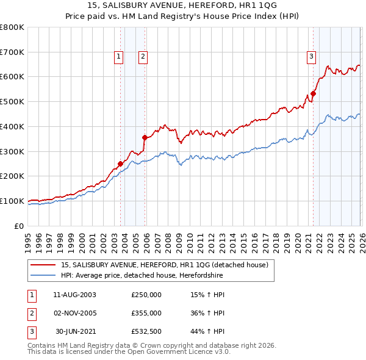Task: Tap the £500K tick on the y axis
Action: pos(12,101)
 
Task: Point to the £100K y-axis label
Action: pos(12,201)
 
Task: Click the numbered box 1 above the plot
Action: pos(118,57)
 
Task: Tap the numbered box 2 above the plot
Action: pos(143,57)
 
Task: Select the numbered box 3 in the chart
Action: pos(311,57)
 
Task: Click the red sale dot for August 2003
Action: pos(120,164)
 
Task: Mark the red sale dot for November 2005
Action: pos(145,137)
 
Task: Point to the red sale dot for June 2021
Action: pos(314,93)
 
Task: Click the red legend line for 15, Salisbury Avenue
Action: pos(44,265)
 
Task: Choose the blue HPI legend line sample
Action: pos(44,276)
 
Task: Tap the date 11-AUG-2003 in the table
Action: pos(74,294)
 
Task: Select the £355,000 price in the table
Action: pos(146,313)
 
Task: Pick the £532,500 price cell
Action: pos(146,331)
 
